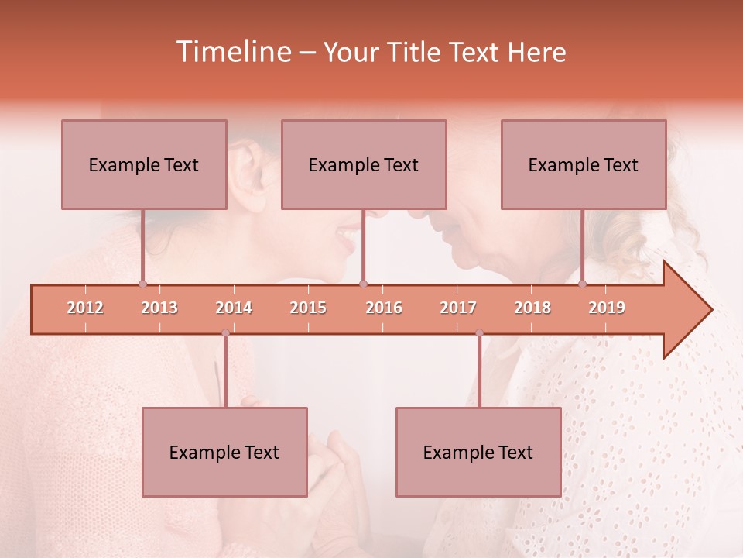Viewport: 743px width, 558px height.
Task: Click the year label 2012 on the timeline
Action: coord(85,308)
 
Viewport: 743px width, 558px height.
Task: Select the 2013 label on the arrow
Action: coord(159,308)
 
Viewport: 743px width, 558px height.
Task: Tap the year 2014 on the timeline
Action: coord(234,308)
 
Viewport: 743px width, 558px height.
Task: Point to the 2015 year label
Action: coord(308,308)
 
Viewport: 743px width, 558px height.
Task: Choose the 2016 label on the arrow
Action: coord(384,308)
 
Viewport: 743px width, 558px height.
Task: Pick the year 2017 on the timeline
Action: coord(458,308)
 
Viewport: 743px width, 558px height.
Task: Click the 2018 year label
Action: coord(532,308)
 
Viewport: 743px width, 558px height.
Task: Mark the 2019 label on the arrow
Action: coord(607,308)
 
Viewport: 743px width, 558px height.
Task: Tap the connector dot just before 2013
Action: coord(142,284)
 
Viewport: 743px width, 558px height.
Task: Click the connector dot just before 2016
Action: coord(364,284)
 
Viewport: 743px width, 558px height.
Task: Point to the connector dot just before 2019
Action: coord(582,284)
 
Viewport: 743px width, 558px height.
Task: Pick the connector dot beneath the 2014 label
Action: coord(225,333)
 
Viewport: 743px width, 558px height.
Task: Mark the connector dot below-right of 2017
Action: coord(479,333)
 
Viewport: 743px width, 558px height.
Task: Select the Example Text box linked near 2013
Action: coord(144,164)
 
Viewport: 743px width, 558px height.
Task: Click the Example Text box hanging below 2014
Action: coord(224,452)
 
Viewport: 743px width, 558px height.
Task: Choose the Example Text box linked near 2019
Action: coord(584,164)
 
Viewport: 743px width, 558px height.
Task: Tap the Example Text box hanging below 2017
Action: coord(478,452)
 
